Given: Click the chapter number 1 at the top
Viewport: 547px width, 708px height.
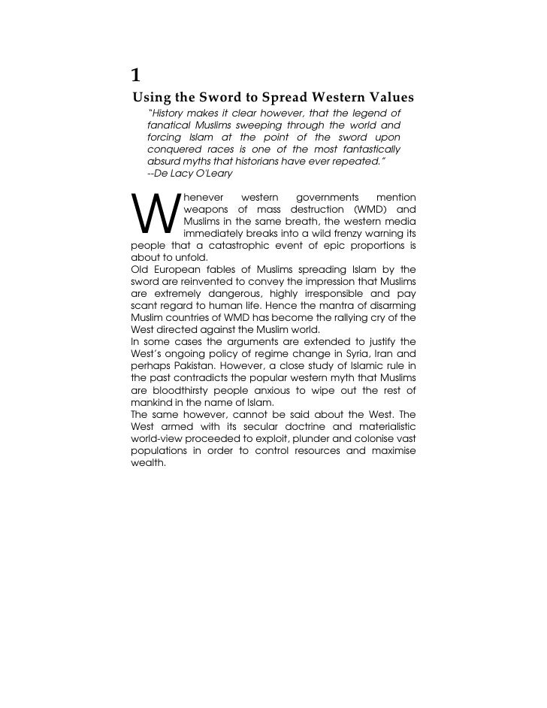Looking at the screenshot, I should pos(135,75).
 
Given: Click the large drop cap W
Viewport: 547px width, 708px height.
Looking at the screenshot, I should pos(155,214).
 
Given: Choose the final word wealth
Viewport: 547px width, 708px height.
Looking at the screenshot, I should pos(147,462).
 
